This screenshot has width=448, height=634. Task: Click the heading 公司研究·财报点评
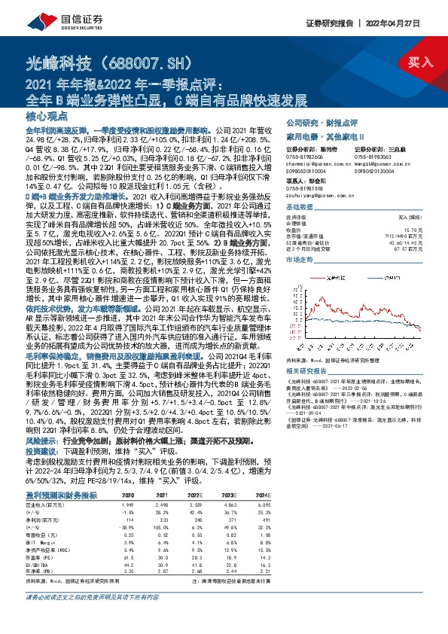pos(321,121)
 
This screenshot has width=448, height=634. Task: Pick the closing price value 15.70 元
pos(406,229)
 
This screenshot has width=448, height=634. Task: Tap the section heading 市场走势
pos(299,258)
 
